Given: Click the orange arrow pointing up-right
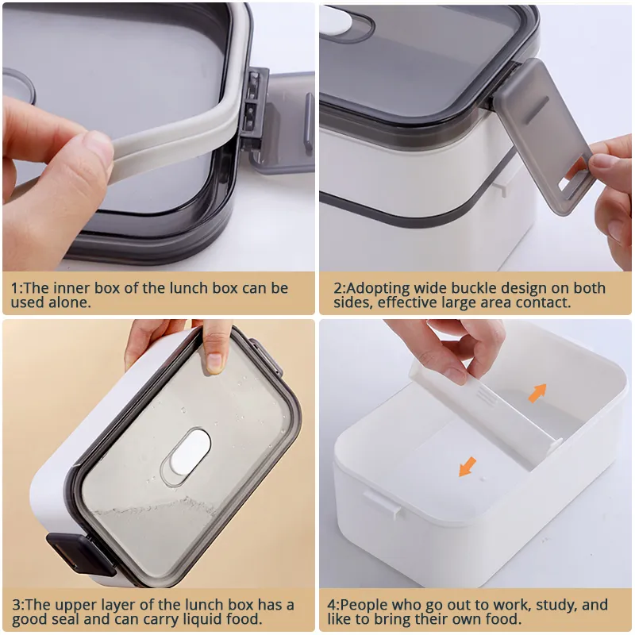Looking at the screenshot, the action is click(x=538, y=393).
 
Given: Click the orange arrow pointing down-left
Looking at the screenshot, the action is click(x=468, y=467).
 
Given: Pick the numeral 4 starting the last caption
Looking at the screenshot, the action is click(x=332, y=606).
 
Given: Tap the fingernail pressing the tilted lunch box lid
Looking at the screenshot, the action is click(x=214, y=361).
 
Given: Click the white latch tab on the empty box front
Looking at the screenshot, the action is click(x=383, y=503).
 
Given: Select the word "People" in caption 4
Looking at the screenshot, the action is click(x=364, y=606).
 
